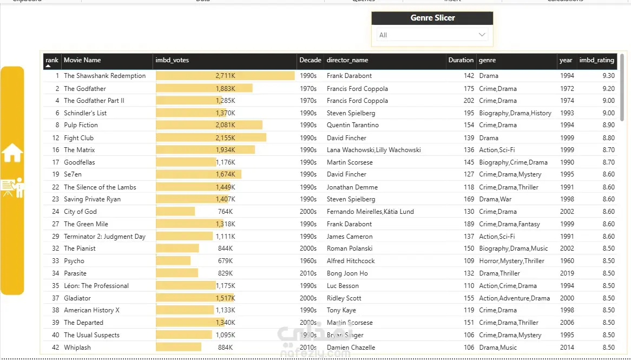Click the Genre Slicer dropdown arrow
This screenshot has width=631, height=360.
point(482,35)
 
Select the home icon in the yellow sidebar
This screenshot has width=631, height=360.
point(12,153)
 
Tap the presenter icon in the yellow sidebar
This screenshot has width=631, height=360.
point(12,188)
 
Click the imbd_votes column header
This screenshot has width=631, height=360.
point(172,60)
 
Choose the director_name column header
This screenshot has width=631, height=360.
point(347,60)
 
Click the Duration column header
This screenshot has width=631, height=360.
point(461,60)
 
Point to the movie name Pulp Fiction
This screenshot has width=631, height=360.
point(81,125)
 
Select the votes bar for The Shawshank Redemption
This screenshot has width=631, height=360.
point(225,76)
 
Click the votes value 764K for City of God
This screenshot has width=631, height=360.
point(225,212)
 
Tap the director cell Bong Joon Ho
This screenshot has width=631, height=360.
point(347,273)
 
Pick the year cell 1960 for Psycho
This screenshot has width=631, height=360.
point(567,261)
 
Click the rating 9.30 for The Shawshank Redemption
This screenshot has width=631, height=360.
point(608,76)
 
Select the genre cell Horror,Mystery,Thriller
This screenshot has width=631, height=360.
point(511,261)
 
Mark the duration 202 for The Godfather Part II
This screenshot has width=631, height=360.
point(469,101)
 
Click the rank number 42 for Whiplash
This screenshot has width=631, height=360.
point(56,347)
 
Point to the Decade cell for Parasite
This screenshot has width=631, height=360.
point(308,273)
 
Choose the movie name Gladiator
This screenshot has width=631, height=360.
point(77,298)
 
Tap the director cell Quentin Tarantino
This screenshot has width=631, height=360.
point(352,125)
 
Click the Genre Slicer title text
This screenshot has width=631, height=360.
point(432,18)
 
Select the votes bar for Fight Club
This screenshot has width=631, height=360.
point(211,138)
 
